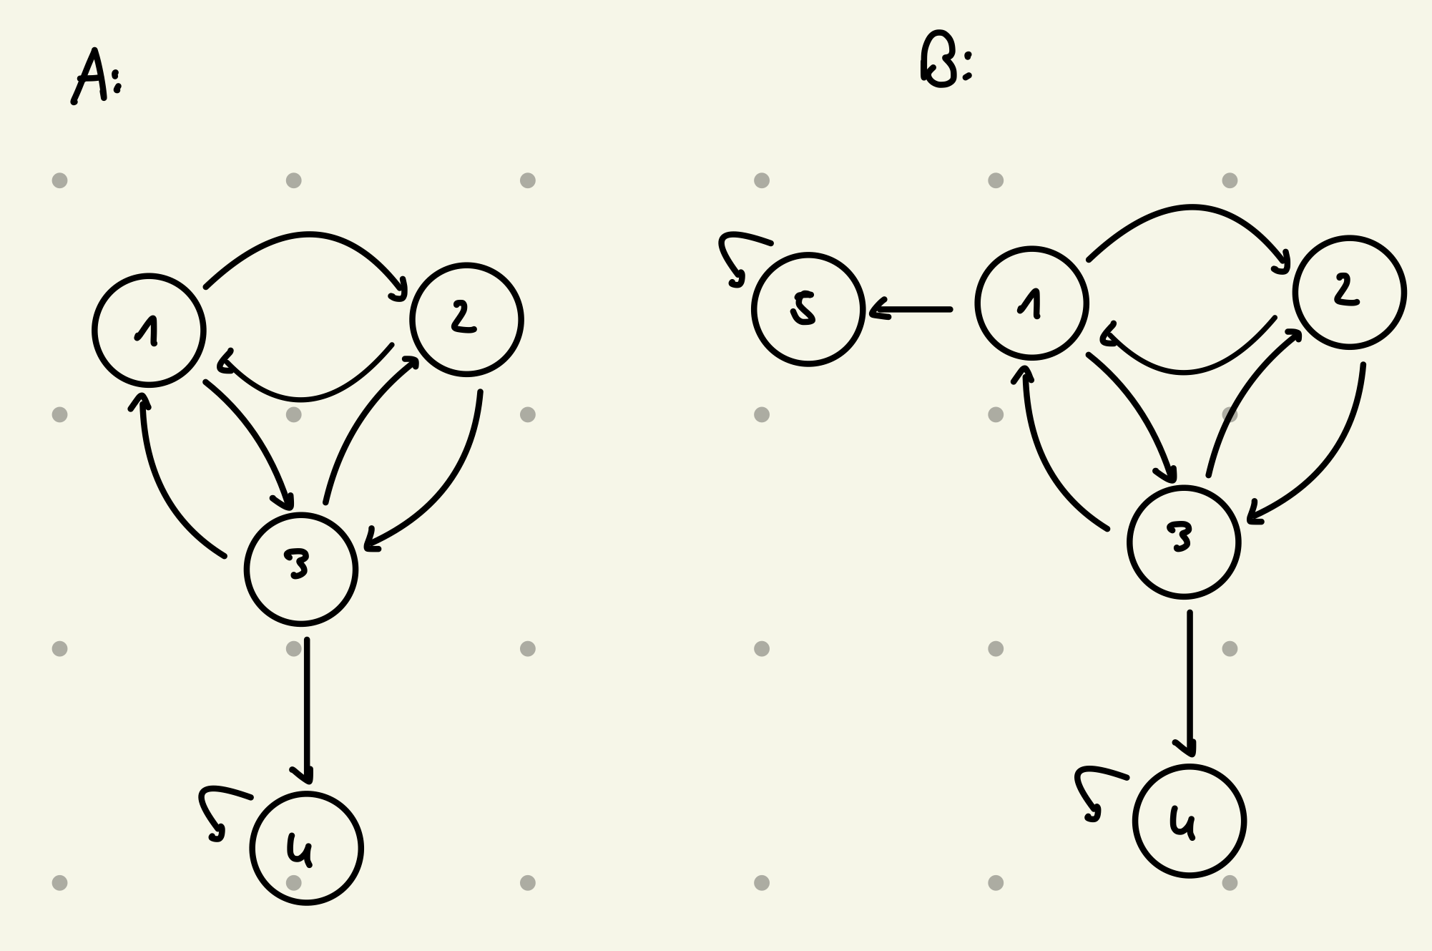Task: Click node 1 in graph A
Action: pyautogui.click(x=149, y=330)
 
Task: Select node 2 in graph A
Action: pyautogui.click(x=466, y=319)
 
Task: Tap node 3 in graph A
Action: pyautogui.click(x=300, y=569)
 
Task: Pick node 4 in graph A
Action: pyautogui.click(x=306, y=848)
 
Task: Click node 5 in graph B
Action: pyautogui.click(x=808, y=309)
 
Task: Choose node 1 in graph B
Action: pyautogui.click(x=1031, y=303)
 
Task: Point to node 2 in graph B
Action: pyautogui.click(x=1349, y=292)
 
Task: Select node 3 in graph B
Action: pyautogui.click(x=1183, y=542)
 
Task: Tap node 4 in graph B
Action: pyautogui.click(x=1189, y=821)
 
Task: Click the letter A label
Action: pyautogui.click(x=90, y=77)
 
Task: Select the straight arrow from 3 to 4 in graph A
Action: pyautogui.click(x=307, y=708)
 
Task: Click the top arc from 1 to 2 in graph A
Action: pyautogui.click(x=308, y=234)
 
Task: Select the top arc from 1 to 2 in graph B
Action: pyautogui.click(x=1190, y=208)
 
